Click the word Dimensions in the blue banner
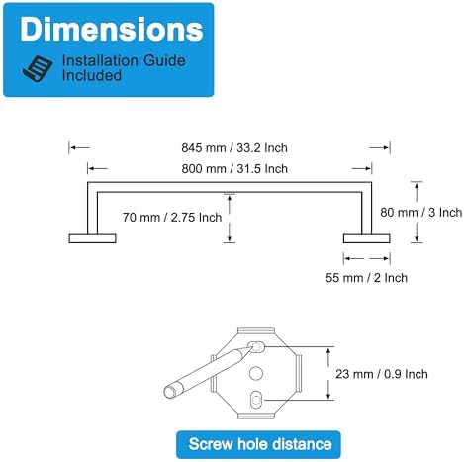[112, 30]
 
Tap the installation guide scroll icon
[38, 68]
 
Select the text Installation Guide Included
[124, 68]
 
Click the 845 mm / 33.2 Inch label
[234, 147]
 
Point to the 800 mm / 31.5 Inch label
[234, 168]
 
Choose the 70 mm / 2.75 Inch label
[172, 217]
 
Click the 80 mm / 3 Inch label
[421, 212]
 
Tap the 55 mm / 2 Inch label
[366, 278]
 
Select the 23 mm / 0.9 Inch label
[382, 374]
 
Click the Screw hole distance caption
[260, 444]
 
